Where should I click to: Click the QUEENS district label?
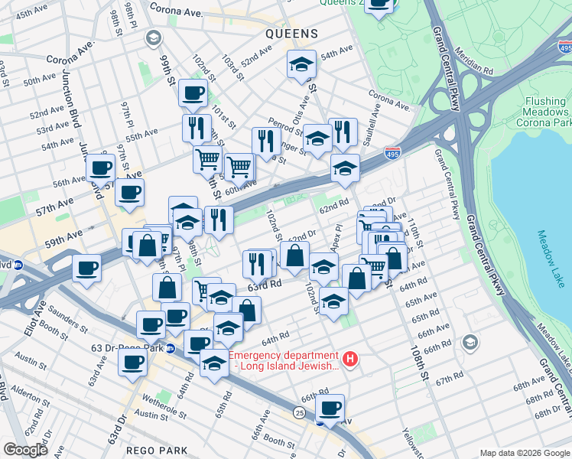coord(291,34)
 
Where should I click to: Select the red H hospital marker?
coord(350,358)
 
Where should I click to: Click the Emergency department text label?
coord(283,360)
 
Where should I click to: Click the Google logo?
coord(24,450)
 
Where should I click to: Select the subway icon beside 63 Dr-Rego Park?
coord(171,348)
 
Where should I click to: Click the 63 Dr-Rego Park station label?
coord(127,348)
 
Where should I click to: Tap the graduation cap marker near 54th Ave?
coord(301,64)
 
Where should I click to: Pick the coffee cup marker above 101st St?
coord(193,93)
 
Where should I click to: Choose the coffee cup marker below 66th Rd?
coord(330,408)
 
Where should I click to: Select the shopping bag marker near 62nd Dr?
coord(294,256)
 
